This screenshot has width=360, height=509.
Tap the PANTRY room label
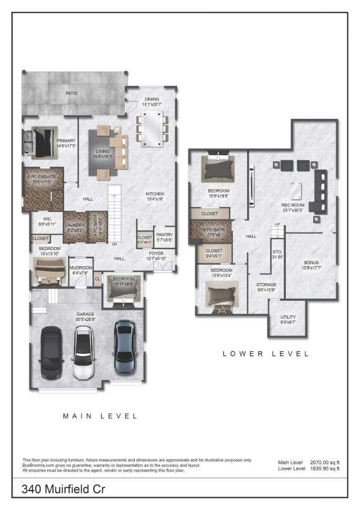(164, 235)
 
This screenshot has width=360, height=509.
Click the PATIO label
(72, 93)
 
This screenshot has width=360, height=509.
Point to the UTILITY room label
(288, 317)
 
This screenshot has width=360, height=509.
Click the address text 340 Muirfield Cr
(63, 489)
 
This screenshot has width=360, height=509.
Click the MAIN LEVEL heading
(100, 416)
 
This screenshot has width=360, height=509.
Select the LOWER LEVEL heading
(266, 354)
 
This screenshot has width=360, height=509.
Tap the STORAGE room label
(267, 285)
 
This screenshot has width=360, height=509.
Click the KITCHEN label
(155, 194)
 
